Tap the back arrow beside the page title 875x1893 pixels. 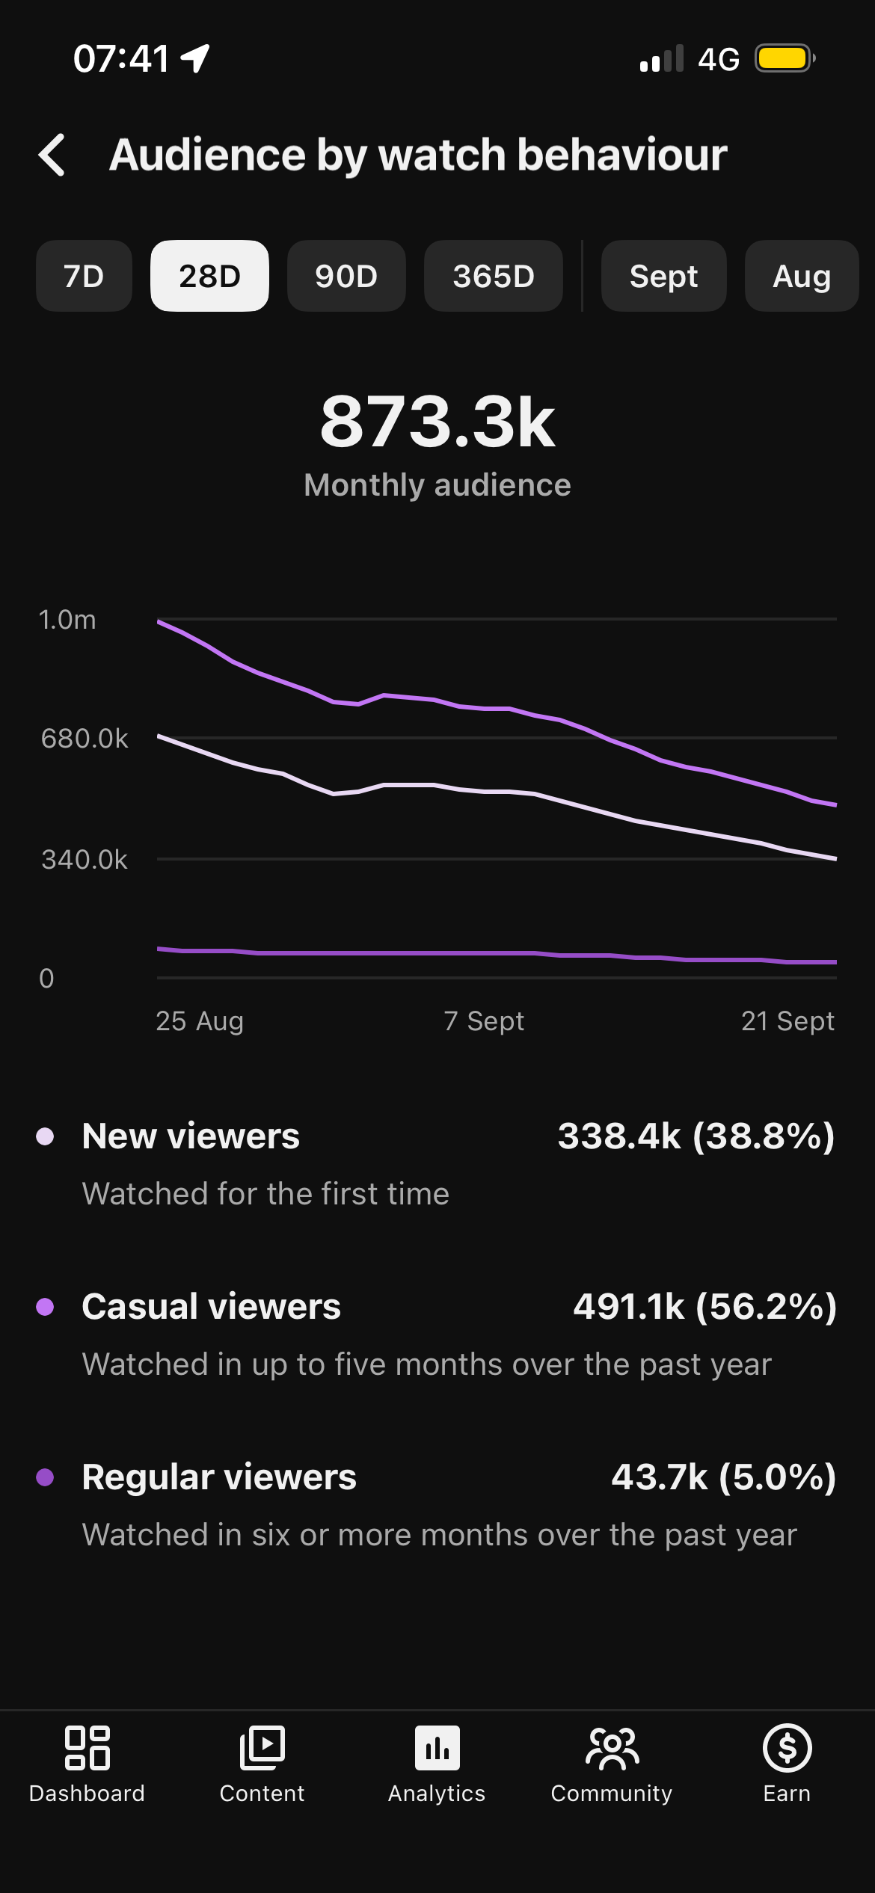tap(52, 155)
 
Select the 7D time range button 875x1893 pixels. tap(84, 276)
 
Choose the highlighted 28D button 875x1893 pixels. tap(209, 276)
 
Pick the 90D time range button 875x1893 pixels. tap(346, 276)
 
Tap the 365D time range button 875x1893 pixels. tap(494, 276)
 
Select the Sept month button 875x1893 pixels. tap(664, 276)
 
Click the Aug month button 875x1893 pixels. tap(802, 276)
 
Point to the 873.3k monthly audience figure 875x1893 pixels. tap(437, 422)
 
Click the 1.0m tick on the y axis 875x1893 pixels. tap(67, 620)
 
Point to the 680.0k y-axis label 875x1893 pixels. tap(85, 739)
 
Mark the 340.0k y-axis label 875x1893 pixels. tap(85, 860)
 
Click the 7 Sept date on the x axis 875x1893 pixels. tap(484, 1021)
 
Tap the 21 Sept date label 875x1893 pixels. tap(787, 1021)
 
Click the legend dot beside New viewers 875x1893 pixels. tap(45, 1136)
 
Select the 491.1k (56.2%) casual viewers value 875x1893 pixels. tap(704, 1307)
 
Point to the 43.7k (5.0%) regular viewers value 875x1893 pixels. tap(724, 1477)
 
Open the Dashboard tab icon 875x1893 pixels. tap(87, 1748)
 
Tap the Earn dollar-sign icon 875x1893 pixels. tap(787, 1748)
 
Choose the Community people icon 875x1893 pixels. tap(612, 1749)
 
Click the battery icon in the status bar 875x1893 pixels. tap(785, 58)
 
